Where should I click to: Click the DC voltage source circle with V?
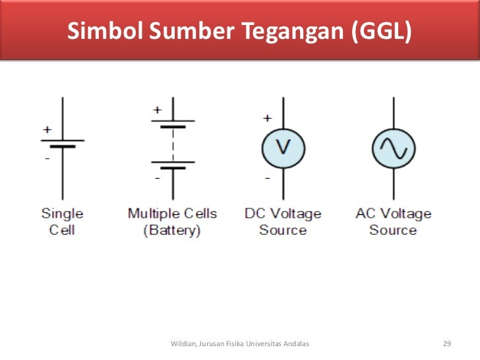pos(283,146)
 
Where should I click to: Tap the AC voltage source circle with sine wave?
pos(394,146)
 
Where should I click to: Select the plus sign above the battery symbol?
pos(157,109)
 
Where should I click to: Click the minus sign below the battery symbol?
pos(157,178)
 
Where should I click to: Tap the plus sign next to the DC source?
pos(267,119)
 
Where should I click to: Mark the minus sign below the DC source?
pos(267,178)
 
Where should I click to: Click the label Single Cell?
pos(63,222)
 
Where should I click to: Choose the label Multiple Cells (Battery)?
pos(172,222)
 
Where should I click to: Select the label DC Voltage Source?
pos(283,222)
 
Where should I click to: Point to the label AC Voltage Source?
pos(393,222)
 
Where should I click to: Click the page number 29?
pos(447,344)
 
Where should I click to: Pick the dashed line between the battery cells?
pos(173,142)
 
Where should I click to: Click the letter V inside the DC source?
pos(283,146)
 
